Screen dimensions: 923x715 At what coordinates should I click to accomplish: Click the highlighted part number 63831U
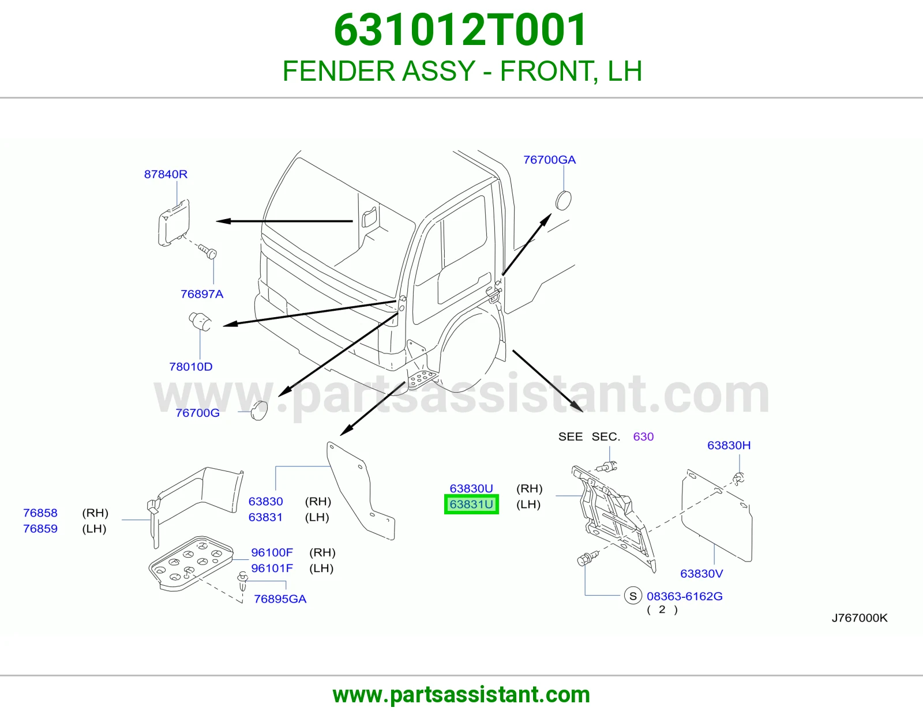coord(471,505)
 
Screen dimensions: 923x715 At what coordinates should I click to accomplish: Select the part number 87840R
coord(166,174)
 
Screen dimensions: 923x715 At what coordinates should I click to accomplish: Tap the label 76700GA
coord(549,160)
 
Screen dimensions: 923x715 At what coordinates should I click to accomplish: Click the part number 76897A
coord(202,294)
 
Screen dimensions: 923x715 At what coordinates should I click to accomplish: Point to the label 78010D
coord(191,366)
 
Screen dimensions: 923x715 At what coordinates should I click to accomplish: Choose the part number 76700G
coord(197,413)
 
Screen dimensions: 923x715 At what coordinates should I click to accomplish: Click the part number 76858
coord(40,513)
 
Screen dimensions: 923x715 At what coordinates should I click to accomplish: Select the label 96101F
coord(272,568)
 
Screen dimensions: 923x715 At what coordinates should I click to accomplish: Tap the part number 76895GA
coord(280,599)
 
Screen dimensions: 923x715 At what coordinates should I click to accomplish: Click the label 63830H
coord(729,445)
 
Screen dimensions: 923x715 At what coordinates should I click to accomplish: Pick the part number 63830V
coord(701,574)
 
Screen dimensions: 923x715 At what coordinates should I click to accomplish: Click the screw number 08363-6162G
coord(684,596)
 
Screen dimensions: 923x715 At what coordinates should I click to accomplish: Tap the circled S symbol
coord(633,596)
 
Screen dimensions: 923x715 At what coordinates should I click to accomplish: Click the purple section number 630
coord(643,436)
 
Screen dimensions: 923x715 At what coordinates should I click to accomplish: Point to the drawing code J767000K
coord(860,618)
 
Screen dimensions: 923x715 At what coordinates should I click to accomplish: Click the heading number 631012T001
coord(460,30)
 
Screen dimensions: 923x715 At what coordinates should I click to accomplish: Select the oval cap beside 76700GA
coord(563,201)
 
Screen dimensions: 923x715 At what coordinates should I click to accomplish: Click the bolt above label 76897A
coord(208,251)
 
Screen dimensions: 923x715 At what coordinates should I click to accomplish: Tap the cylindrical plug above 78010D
coord(200,321)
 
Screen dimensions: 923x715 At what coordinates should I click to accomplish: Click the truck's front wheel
coord(470,352)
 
